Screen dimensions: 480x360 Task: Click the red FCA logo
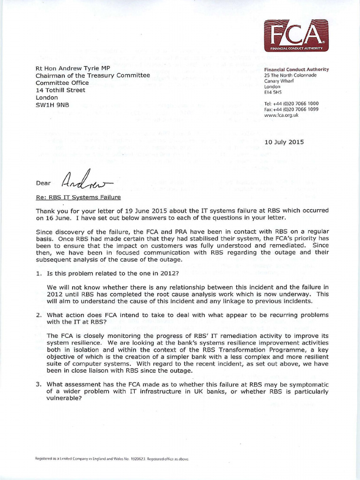pyautogui.click(x=295, y=36)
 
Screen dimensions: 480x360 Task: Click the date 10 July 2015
pyautogui.click(x=285, y=142)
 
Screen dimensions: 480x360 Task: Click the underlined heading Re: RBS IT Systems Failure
pyautogui.click(x=78, y=197)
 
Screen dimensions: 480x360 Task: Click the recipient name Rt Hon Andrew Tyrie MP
pyautogui.click(x=74, y=68)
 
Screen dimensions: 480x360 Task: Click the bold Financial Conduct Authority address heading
pyautogui.click(x=296, y=69)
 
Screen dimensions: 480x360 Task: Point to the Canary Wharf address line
pyautogui.click(x=279, y=81)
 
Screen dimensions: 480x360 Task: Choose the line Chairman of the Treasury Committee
pyautogui.click(x=93, y=75)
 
